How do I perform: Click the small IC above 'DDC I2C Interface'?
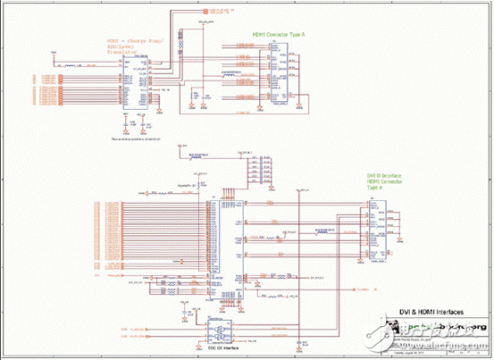pos(218,330)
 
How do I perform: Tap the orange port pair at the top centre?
pos(205,15)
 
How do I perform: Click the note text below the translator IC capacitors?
pos(134,139)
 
